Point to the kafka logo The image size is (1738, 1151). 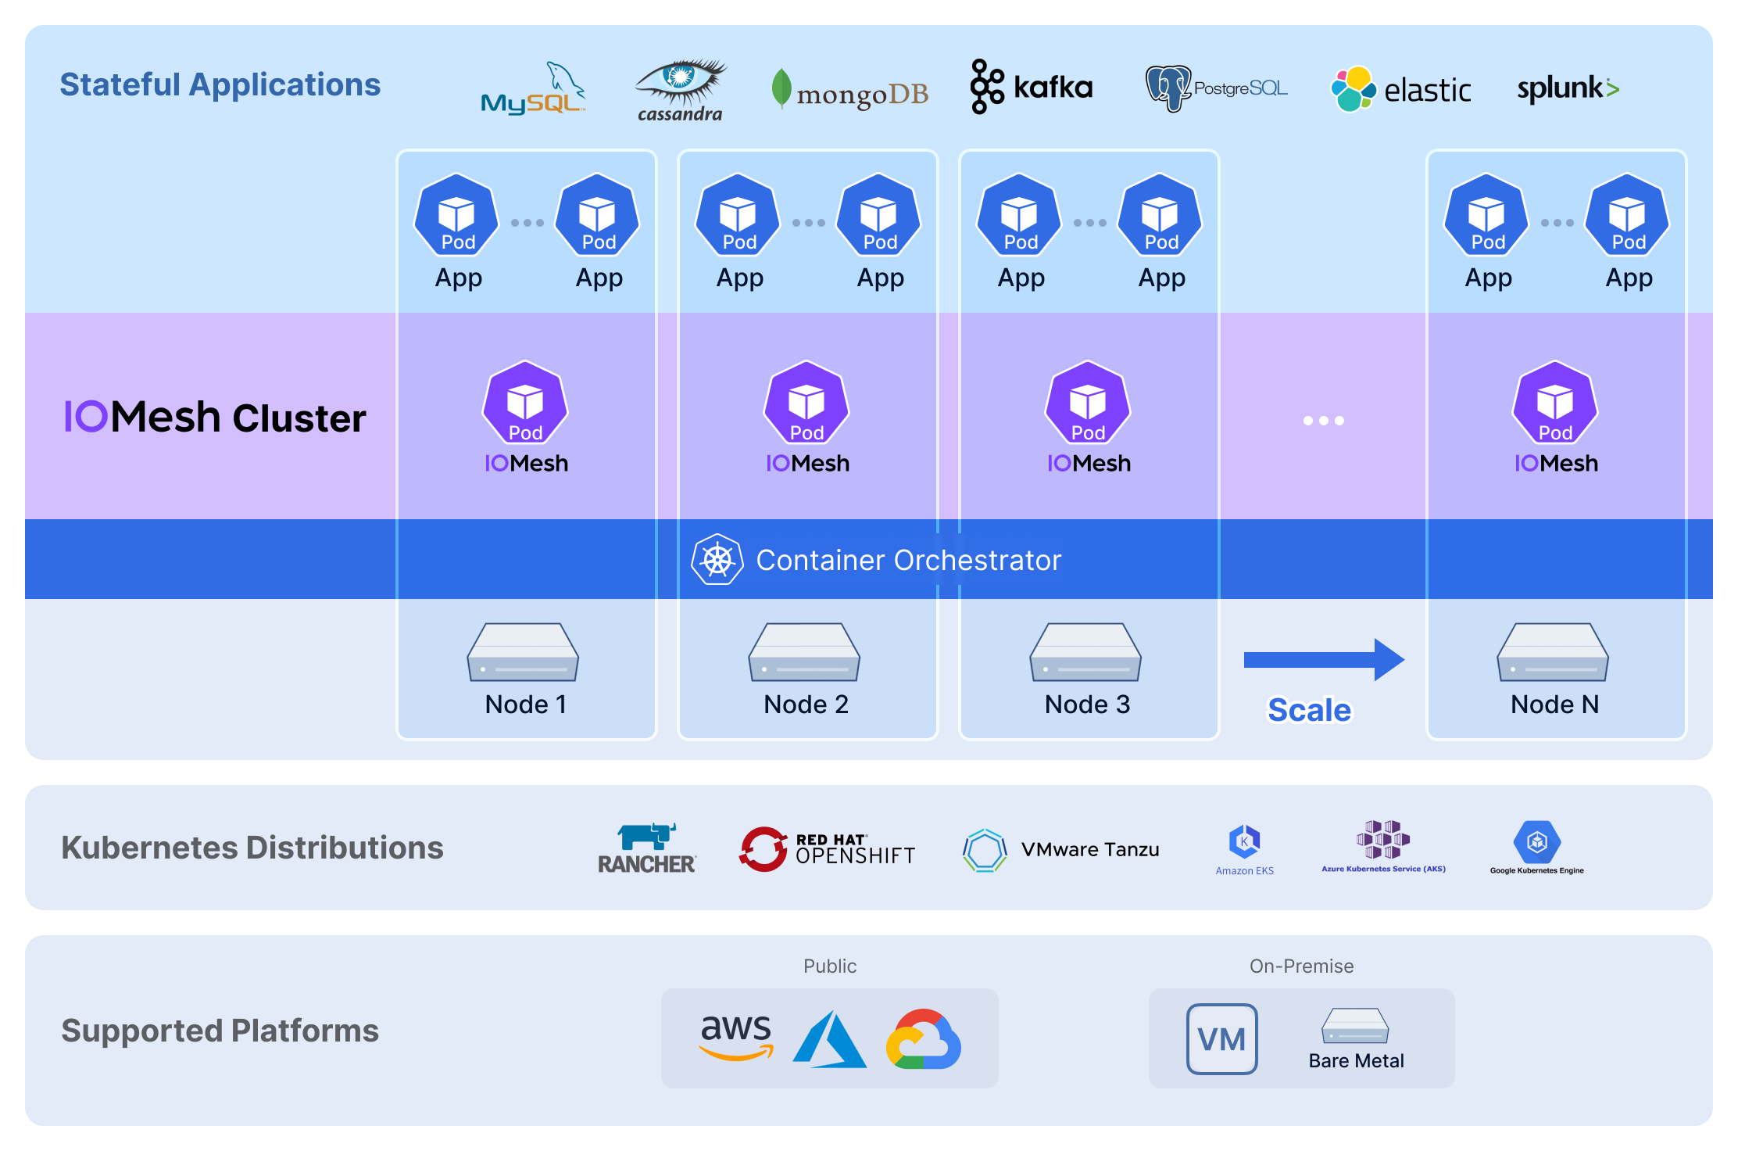pyautogui.click(x=1032, y=87)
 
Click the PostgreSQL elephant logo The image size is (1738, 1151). pyautogui.click(x=1168, y=88)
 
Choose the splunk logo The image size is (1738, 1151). pyautogui.click(x=1568, y=88)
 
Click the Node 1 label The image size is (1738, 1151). pyautogui.click(x=526, y=705)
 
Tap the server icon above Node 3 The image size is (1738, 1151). pyautogui.click(x=1085, y=652)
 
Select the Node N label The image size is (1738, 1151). pyautogui.click(x=1554, y=705)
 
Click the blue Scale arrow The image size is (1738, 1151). pyautogui.click(x=1324, y=660)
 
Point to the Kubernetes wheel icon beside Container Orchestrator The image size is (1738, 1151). pyautogui.click(x=717, y=560)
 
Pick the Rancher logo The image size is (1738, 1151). pyautogui.click(x=647, y=848)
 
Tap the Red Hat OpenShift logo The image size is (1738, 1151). pyautogui.click(x=828, y=849)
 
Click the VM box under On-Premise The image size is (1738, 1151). pyautogui.click(x=1221, y=1039)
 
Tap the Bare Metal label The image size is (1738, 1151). pyautogui.click(x=1356, y=1061)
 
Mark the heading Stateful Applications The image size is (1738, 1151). pyautogui.click(x=220, y=84)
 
